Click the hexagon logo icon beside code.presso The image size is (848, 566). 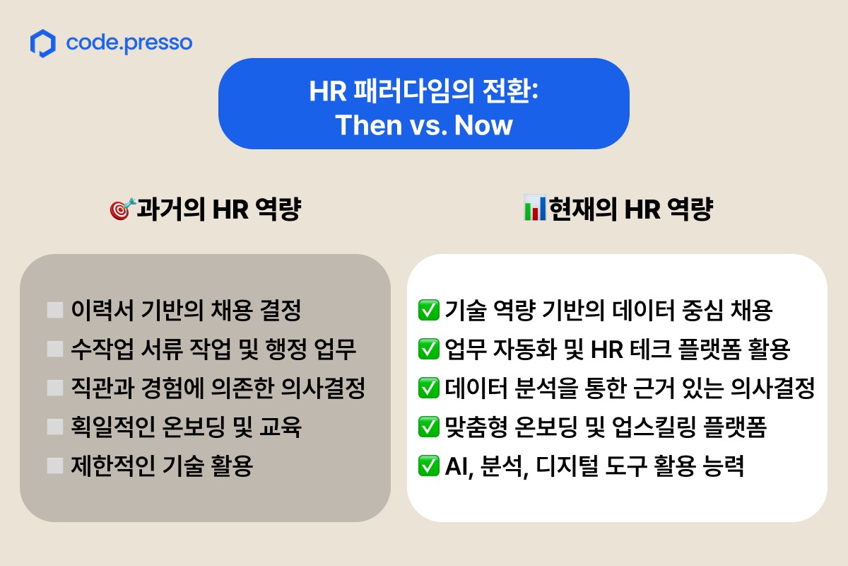(x=43, y=44)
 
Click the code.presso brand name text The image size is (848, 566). (x=129, y=43)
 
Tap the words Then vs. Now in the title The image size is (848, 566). (x=423, y=125)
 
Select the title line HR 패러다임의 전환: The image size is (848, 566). (x=423, y=91)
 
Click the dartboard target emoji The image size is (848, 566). (x=122, y=209)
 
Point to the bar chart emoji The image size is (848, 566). (x=535, y=208)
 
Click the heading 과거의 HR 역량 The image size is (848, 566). (x=219, y=209)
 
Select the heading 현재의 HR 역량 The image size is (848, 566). (x=631, y=209)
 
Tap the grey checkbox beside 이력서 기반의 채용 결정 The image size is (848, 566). (x=55, y=310)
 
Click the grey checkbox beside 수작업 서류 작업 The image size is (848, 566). (x=55, y=350)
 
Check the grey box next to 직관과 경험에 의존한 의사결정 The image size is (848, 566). (x=55, y=388)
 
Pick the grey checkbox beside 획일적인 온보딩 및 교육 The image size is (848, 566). (x=55, y=427)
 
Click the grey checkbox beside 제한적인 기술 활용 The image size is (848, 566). (x=55, y=466)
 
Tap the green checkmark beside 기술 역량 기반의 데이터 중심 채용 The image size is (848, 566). (x=428, y=310)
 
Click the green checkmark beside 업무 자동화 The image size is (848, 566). (x=428, y=350)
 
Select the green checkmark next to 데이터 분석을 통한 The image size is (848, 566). (x=428, y=388)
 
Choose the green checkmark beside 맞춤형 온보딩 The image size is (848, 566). (x=428, y=427)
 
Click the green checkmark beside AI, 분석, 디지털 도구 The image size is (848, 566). (x=428, y=466)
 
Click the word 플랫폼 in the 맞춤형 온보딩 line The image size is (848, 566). (x=735, y=427)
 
